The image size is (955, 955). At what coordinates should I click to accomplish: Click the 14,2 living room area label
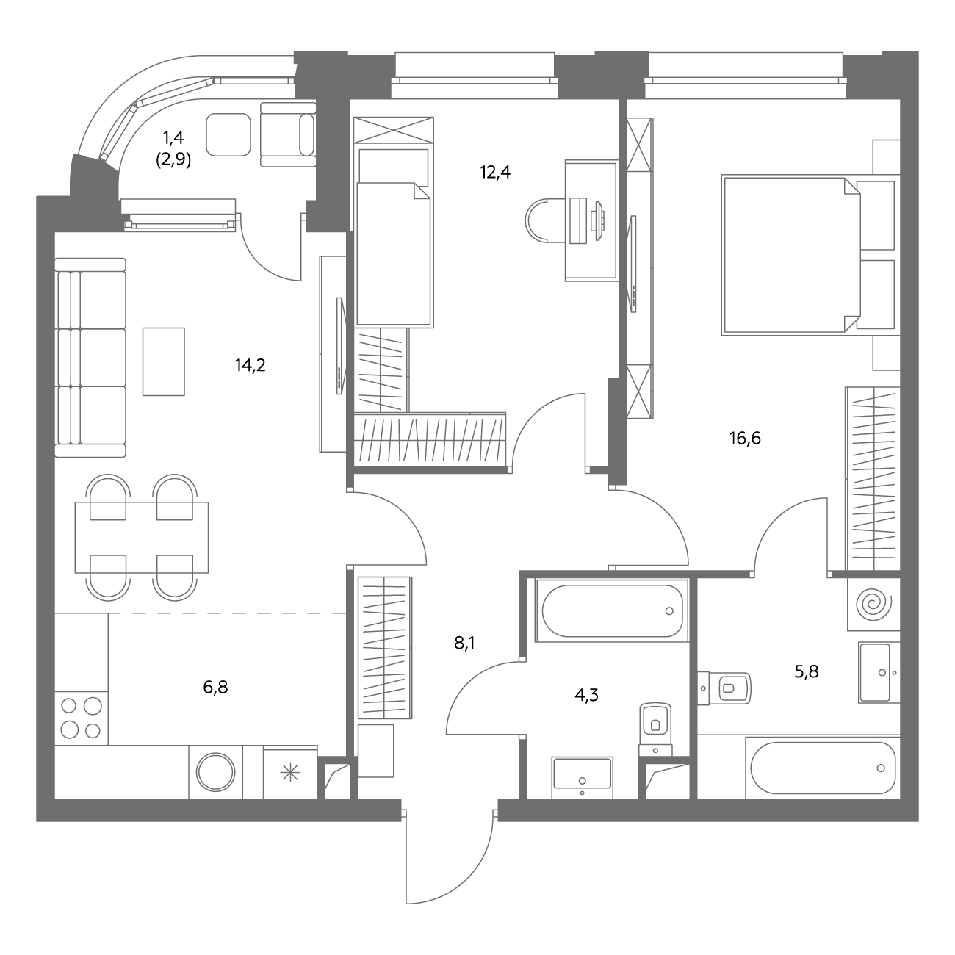251,366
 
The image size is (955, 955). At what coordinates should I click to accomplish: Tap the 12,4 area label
495,173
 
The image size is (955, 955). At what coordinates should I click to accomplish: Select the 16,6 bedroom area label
745,438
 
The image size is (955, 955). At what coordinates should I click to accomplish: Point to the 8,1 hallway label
464,644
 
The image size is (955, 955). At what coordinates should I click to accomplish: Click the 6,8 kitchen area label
215,688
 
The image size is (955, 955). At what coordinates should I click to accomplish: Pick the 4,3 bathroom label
586,695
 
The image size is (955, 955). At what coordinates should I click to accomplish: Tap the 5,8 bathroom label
807,671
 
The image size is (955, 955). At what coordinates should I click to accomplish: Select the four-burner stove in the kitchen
81,718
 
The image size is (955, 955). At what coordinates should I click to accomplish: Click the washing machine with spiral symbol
873,604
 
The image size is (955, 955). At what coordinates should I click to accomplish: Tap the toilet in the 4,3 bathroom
656,729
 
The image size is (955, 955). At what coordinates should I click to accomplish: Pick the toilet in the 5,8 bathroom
724,688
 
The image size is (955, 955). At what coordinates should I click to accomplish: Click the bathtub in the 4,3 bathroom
612,610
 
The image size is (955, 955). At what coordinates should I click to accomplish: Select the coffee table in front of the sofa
164,361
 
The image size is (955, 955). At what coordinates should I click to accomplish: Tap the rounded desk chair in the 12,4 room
545,220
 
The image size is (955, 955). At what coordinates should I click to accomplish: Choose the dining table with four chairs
142,538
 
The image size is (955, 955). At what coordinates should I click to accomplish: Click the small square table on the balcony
228,134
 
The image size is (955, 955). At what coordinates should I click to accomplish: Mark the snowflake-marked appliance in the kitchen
290,773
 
